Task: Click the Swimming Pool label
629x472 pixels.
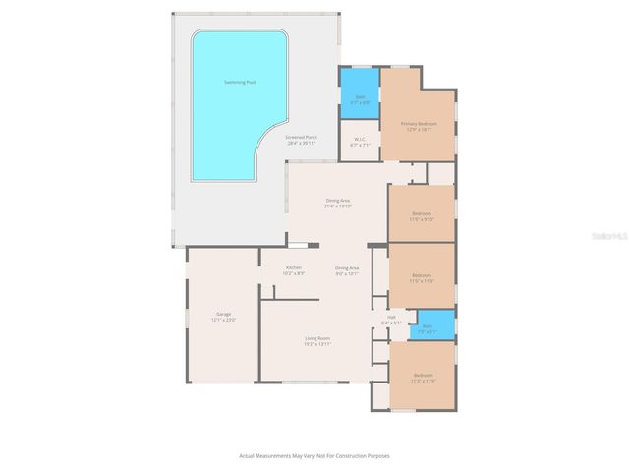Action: [x=240, y=81]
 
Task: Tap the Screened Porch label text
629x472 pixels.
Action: [x=302, y=137]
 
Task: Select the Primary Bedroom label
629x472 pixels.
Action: [x=419, y=124]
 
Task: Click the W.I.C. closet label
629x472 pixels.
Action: [x=360, y=140]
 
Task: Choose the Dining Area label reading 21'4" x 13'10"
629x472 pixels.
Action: [x=337, y=201]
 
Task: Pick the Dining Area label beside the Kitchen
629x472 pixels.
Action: [x=347, y=267]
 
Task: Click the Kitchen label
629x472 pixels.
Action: [x=293, y=267]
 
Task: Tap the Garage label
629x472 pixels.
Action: [x=223, y=314]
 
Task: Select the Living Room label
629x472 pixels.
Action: [x=316, y=339]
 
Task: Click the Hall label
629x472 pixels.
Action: [x=390, y=317]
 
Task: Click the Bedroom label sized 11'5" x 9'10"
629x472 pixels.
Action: [x=422, y=213]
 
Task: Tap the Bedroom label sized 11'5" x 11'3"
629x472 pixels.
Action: [x=422, y=274]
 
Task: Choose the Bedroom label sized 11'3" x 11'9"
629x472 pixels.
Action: [x=424, y=376]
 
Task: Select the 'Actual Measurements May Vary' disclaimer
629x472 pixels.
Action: [x=314, y=455]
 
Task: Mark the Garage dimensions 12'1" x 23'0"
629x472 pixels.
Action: [x=223, y=320]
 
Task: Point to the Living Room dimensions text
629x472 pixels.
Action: [x=316, y=344]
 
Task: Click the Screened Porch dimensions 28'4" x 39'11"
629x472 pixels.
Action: [x=302, y=144]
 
